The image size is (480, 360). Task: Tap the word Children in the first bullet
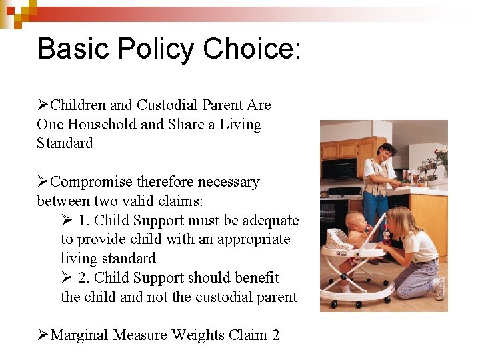(x=78, y=105)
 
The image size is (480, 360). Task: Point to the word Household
(x=102, y=125)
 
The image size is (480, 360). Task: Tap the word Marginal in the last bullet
(x=80, y=335)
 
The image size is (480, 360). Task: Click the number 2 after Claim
(x=275, y=335)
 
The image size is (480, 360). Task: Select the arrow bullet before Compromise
(x=43, y=182)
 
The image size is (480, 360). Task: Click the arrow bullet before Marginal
(x=43, y=335)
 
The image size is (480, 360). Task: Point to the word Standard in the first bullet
(x=65, y=143)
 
